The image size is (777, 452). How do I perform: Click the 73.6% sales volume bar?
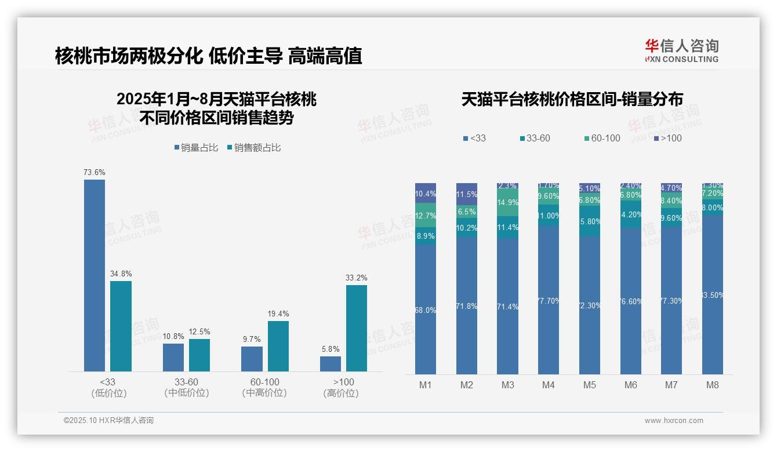click(95, 275)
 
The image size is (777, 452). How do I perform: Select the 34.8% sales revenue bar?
click(121, 326)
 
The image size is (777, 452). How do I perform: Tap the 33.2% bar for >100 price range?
click(357, 328)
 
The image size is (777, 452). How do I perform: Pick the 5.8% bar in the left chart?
click(331, 364)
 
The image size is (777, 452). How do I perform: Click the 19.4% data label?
click(278, 314)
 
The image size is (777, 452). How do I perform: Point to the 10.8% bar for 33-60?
click(173, 358)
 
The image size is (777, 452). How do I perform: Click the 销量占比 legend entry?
click(196, 148)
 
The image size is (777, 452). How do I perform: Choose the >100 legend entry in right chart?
click(667, 138)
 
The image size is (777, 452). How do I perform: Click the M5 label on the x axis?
click(590, 385)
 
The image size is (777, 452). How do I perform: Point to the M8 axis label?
click(713, 385)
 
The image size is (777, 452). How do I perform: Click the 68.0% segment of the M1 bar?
click(426, 309)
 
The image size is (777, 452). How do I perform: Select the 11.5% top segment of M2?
click(467, 194)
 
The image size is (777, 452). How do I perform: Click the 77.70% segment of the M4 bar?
click(549, 300)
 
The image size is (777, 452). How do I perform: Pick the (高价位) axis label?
click(341, 393)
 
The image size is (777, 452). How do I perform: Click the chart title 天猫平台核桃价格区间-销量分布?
click(572, 99)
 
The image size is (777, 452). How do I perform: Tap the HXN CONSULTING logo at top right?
click(681, 50)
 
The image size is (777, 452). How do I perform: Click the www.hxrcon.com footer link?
click(674, 421)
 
